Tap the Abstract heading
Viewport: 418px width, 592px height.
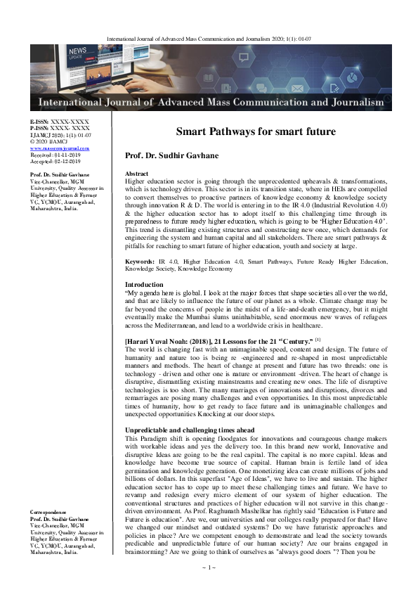click(136, 173)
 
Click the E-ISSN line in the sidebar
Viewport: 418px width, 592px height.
click(60, 122)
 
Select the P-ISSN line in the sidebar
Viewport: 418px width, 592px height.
click(60, 129)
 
